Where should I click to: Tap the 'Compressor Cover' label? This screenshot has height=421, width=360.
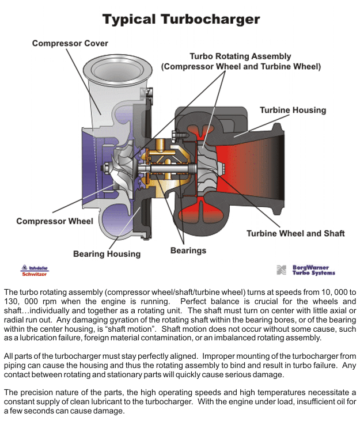[x=70, y=43]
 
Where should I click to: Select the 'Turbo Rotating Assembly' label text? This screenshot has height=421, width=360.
[x=240, y=56]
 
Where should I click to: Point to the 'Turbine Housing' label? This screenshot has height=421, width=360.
[x=293, y=110]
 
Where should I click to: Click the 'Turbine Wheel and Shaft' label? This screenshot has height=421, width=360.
[x=295, y=233]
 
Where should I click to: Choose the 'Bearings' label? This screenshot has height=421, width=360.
[x=188, y=251]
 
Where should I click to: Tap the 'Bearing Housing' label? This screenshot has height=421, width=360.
[x=107, y=253]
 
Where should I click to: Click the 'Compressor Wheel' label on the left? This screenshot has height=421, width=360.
[x=55, y=221]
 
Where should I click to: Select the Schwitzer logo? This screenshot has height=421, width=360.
[x=35, y=271]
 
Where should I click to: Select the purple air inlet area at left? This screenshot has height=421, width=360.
[x=86, y=167]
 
